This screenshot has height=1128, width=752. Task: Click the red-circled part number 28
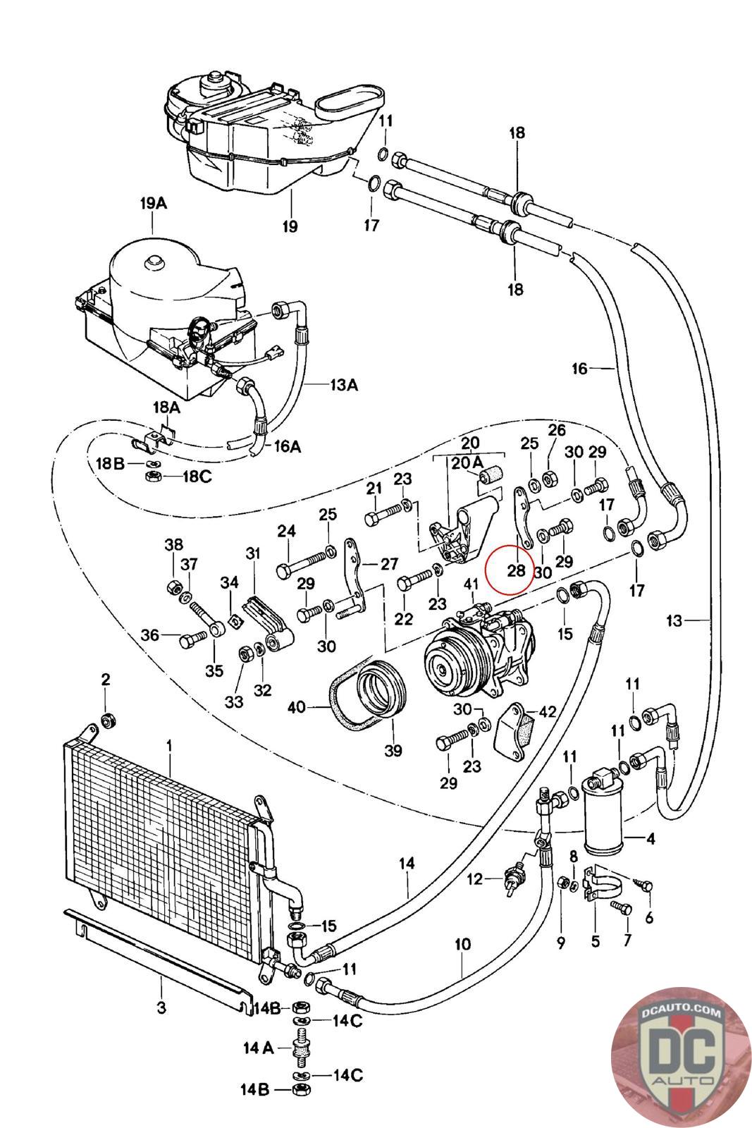[516, 570]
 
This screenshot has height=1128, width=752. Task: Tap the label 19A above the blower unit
[154, 204]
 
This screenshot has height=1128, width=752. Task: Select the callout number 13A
[344, 385]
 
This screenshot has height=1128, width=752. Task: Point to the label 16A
[288, 446]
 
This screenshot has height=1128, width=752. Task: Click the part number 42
[547, 711]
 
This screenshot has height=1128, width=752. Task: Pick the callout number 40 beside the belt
[297, 707]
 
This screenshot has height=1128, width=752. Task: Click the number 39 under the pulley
[393, 750]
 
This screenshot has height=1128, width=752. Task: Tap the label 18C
[197, 477]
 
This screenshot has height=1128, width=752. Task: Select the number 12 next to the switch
[474, 879]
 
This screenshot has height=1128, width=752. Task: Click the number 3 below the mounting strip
[161, 1008]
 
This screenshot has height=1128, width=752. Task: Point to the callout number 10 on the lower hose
[462, 944]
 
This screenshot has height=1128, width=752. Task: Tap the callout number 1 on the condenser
[169, 745]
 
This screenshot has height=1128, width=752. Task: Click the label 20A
[467, 462]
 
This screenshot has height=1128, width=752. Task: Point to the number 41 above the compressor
[471, 584]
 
